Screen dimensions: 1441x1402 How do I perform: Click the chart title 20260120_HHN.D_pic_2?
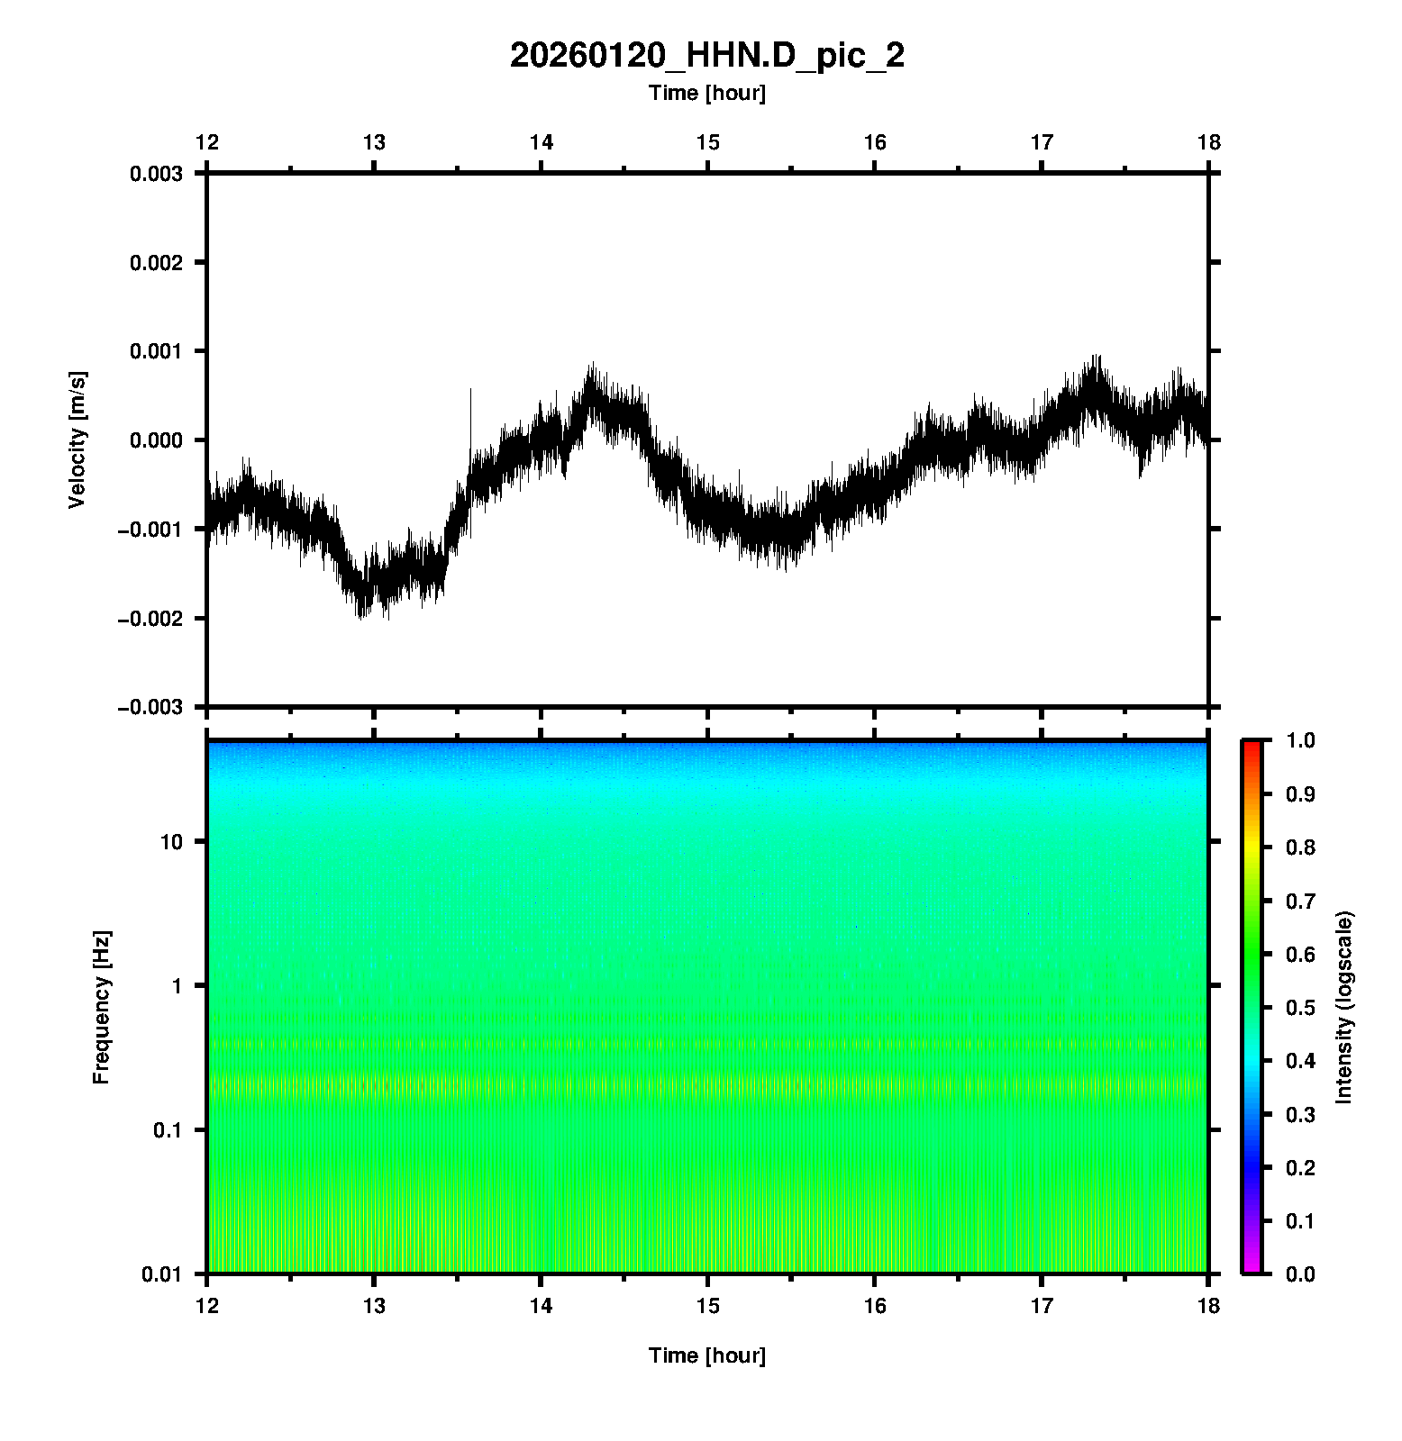tap(706, 56)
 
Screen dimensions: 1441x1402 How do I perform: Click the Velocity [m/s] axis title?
tap(77, 440)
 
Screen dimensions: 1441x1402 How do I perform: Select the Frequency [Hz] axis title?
tap(101, 1007)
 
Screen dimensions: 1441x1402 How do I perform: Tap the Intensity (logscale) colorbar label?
tap(1344, 1007)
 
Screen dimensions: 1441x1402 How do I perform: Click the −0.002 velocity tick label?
tap(150, 619)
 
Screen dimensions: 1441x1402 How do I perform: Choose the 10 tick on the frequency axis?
tap(170, 842)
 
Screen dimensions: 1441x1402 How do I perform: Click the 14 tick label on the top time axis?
tap(541, 142)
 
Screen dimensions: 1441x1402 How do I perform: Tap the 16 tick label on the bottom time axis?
tap(875, 1306)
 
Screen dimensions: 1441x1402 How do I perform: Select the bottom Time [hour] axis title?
tap(706, 1355)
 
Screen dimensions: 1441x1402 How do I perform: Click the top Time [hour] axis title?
tap(706, 93)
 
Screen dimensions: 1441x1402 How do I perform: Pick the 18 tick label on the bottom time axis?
tap(1208, 1306)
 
